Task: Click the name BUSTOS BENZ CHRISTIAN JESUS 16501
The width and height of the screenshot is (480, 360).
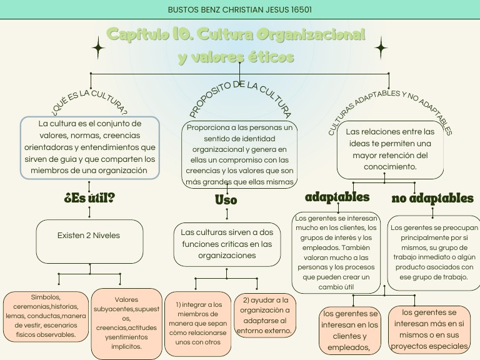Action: (240, 9)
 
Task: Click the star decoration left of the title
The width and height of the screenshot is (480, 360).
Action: (98, 47)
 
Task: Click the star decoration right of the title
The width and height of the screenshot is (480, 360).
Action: (381, 47)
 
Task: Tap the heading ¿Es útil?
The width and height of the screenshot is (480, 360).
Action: (89, 199)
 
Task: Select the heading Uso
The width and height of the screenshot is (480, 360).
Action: (226, 200)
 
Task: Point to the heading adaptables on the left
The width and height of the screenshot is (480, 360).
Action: (337, 197)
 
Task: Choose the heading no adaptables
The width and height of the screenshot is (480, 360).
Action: (432, 199)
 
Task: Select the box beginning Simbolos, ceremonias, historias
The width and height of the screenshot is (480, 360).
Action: (46, 316)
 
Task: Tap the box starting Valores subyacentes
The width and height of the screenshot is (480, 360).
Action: (126, 323)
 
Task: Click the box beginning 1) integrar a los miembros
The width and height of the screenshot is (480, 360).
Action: (197, 323)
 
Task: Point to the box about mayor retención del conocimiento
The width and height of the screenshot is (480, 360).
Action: (390, 150)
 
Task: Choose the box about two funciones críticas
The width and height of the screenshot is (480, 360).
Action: (227, 244)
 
